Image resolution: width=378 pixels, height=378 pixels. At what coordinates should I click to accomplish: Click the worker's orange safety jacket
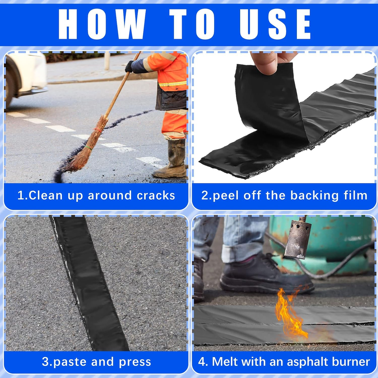tap(171, 73)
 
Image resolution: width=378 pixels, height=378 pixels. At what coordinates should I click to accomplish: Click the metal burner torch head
tap(298, 238)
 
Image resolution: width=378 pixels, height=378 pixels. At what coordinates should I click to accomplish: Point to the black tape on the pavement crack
tap(89, 283)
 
